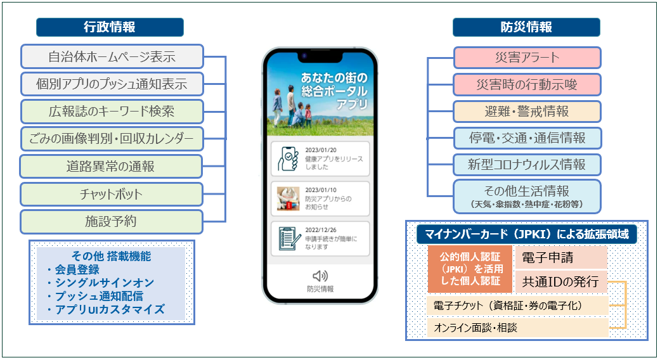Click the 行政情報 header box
(x=110, y=27)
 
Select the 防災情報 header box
(x=526, y=27)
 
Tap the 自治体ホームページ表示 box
(x=112, y=56)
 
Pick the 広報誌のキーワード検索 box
(x=112, y=112)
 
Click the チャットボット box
(x=112, y=194)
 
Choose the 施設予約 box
(x=112, y=221)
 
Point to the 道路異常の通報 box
(x=112, y=167)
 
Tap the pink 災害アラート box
(x=527, y=58)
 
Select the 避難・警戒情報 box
(x=527, y=112)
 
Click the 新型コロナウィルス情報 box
(x=527, y=165)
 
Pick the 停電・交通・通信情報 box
(x=527, y=138)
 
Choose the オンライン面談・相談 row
(x=517, y=328)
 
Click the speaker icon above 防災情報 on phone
(x=320, y=276)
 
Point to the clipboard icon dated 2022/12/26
(x=288, y=238)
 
